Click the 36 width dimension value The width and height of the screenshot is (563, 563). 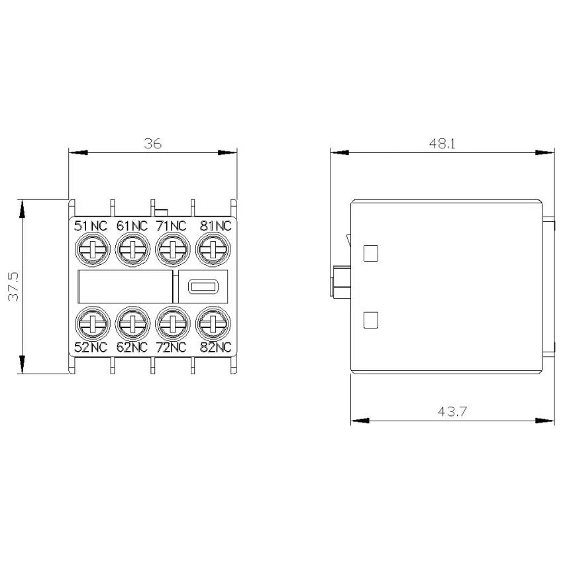[x=153, y=144]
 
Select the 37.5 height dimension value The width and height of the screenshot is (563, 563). [x=14, y=286]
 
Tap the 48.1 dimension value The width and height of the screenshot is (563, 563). [x=442, y=144]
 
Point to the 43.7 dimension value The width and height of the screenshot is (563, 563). [x=452, y=411]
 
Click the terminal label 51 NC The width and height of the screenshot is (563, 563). [x=91, y=226]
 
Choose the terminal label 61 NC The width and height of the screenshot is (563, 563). [x=132, y=226]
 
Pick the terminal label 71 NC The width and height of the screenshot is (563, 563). [x=172, y=226]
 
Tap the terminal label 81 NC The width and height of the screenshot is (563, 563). [x=215, y=226]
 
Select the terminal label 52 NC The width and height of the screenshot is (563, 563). [x=91, y=347]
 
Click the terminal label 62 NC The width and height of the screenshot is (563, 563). [x=132, y=347]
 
